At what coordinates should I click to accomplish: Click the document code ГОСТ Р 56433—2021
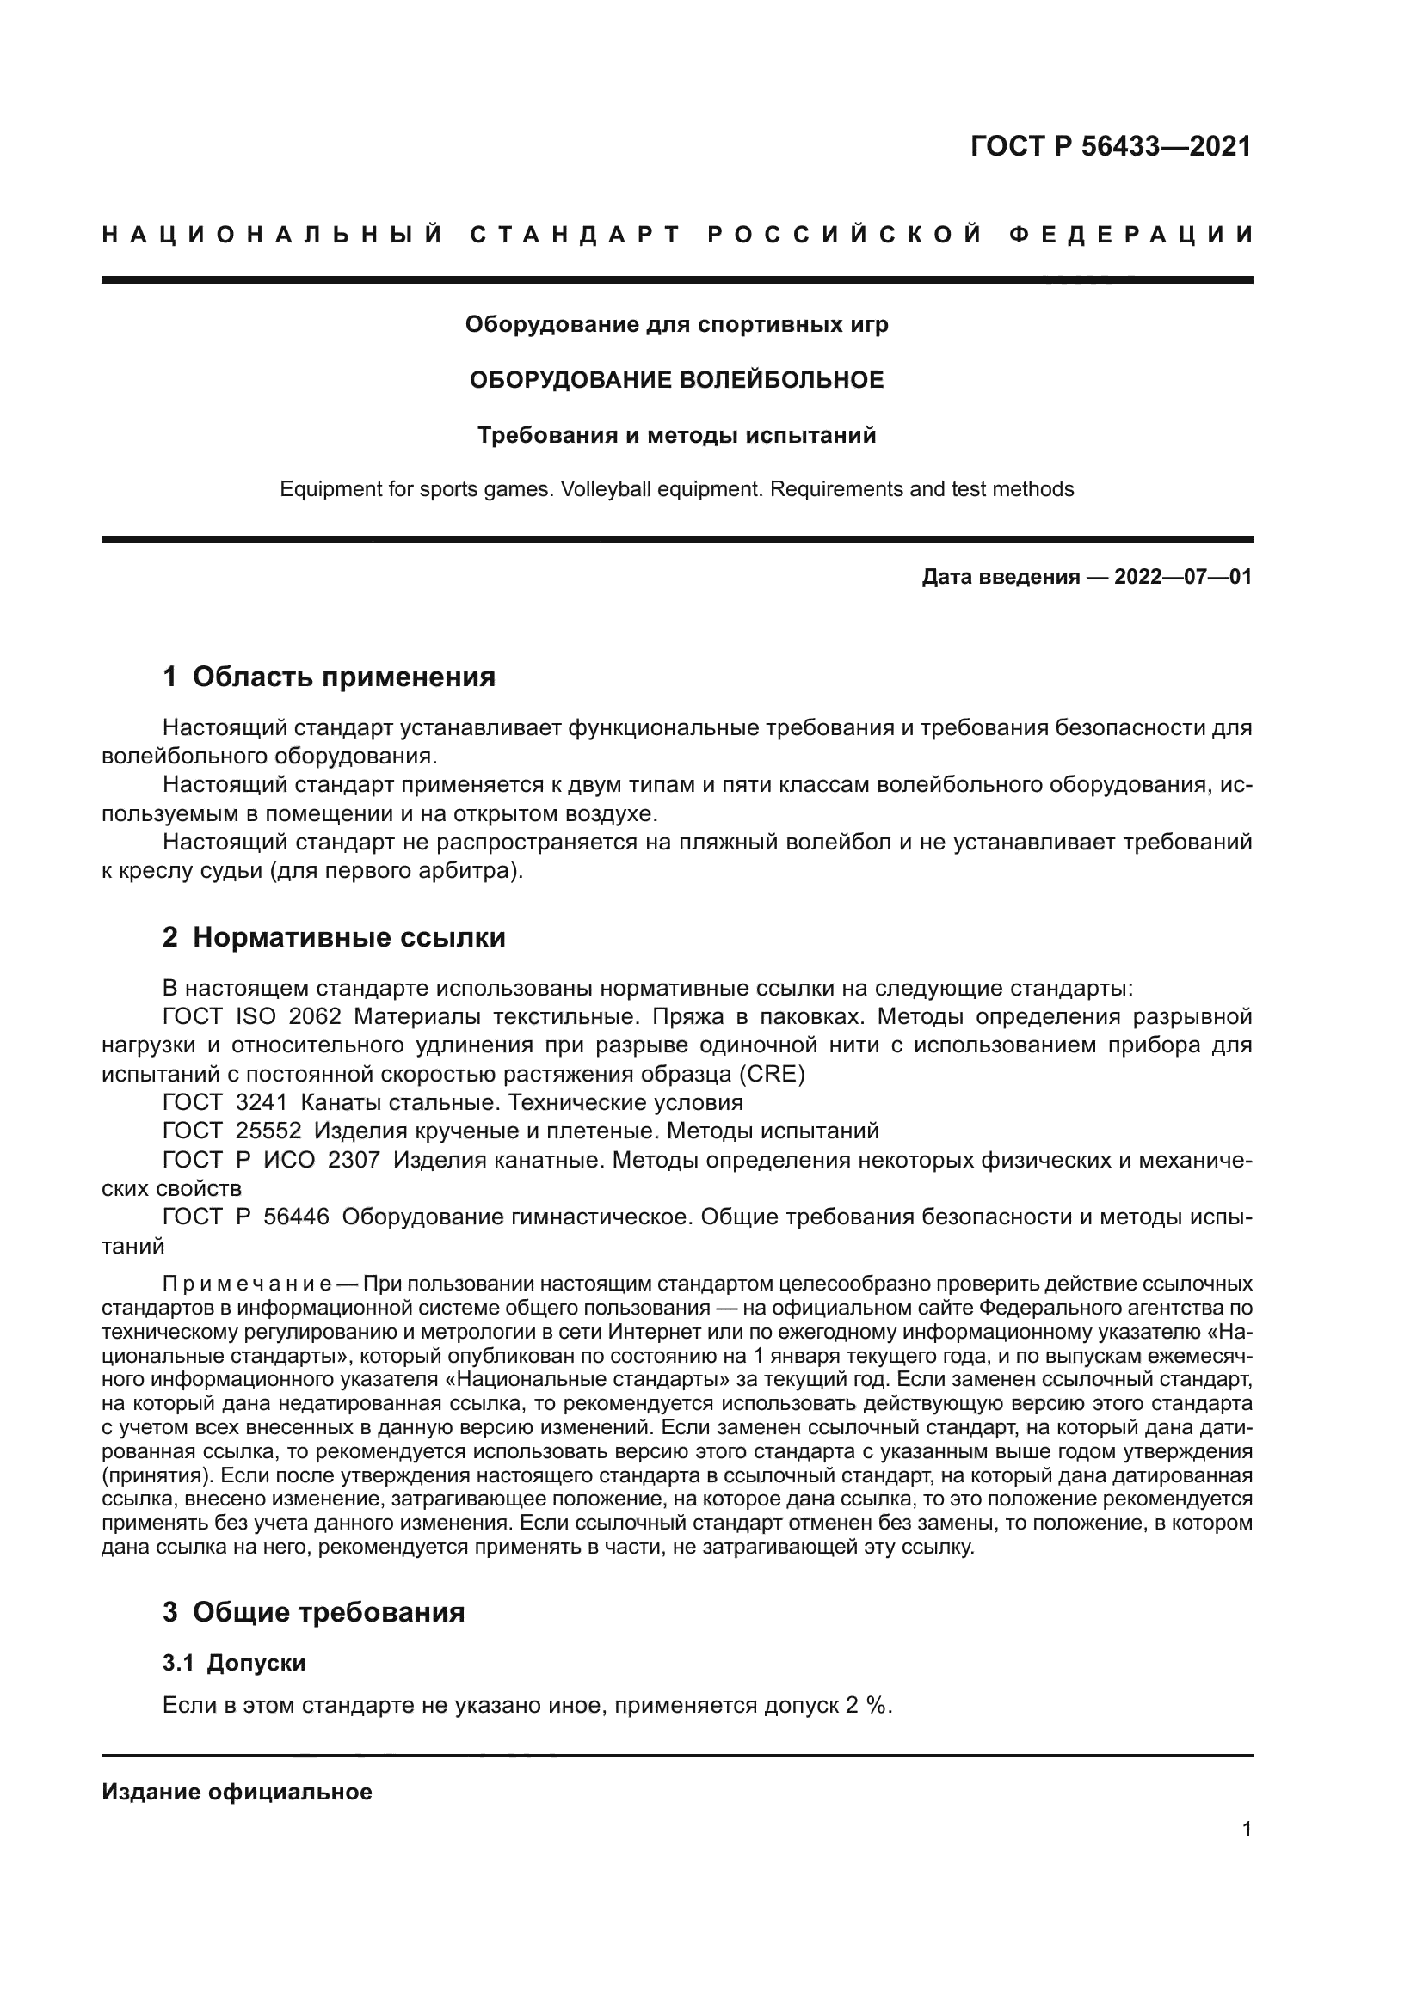pyautogui.click(x=1110, y=146)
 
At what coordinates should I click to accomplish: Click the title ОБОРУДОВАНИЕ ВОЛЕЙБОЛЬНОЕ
pyautogui.click(x=676, y=380)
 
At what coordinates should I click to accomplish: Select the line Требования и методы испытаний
pyautogui.click(x=676, y=435)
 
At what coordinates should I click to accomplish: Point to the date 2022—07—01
pyautogui.click(x=1182, y=577)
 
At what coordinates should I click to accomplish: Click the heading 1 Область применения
pyautogui.click(x=329, y=677)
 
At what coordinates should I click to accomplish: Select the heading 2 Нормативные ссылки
pyautogui.click(x=334, y=938)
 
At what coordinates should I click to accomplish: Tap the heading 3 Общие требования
pyautogui.click(x=314, y=1611)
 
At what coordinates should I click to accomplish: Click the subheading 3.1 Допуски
pyautogui.click(x=234, y=1663)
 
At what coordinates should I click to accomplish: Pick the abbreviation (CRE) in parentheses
pyautogui.click(x=772, y=1074)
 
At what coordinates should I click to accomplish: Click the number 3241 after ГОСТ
pyautogui.click(x=262, y=1103)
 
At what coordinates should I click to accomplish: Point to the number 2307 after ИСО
pyautogui.click(x=353, y=1161)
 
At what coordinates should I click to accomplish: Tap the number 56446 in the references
pyautogui.click(x=296, y=1217)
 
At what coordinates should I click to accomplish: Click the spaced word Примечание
pyautogui.click(x=246, y=1284)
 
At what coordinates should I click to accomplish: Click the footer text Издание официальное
pyautogui.click(x=237, y=1792)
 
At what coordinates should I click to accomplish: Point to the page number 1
pyautogui.click(x=1246, y=1830)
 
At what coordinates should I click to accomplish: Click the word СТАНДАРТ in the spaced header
pyautogui.click(x=576, y=235)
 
